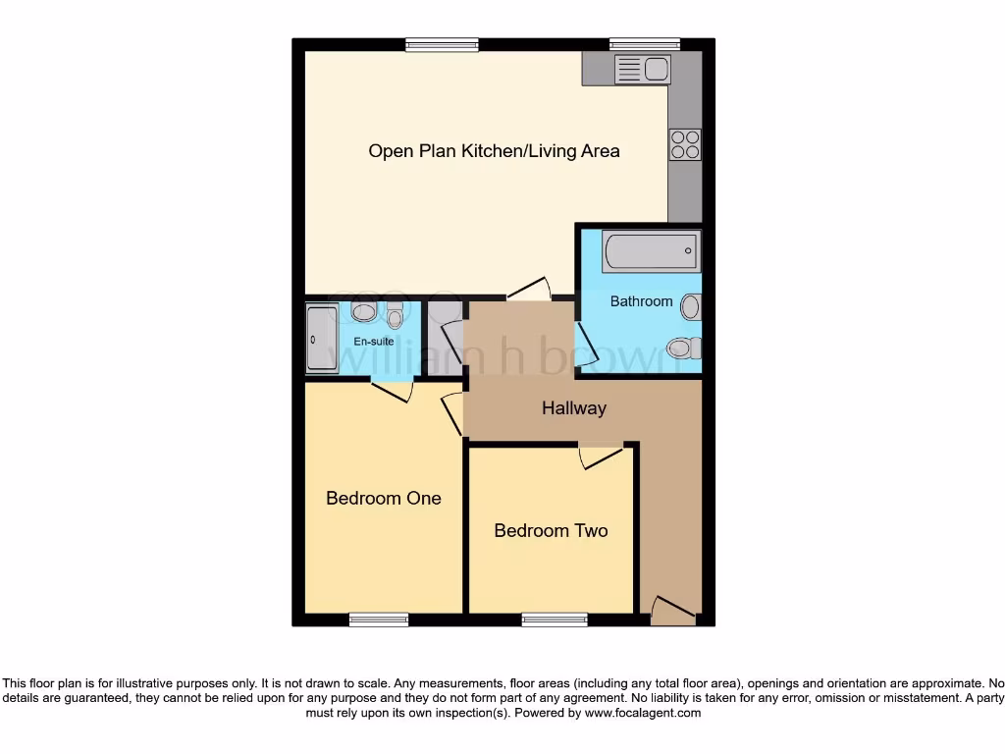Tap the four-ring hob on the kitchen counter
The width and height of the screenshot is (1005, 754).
click(685, 144)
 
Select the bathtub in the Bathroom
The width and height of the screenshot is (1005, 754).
click(652, 251)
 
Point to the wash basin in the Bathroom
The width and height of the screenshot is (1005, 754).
click(691, 307)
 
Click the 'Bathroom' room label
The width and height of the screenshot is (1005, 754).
click(641, 301)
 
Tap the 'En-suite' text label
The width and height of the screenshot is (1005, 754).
click(374, 342)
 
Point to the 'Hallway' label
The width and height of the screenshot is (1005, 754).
click(574, 408)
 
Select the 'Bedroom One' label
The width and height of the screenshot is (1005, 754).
click(384, 498)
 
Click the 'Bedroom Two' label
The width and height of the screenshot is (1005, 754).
click(551, 530)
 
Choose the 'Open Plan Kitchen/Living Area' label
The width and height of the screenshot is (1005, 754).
click(494, 151)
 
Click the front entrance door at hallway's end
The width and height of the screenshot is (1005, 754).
click(673, 610)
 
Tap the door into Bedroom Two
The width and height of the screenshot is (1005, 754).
click(600, 457)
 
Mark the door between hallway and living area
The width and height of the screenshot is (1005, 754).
click(529, 289)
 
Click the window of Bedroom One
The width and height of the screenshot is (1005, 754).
click(379, 619)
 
